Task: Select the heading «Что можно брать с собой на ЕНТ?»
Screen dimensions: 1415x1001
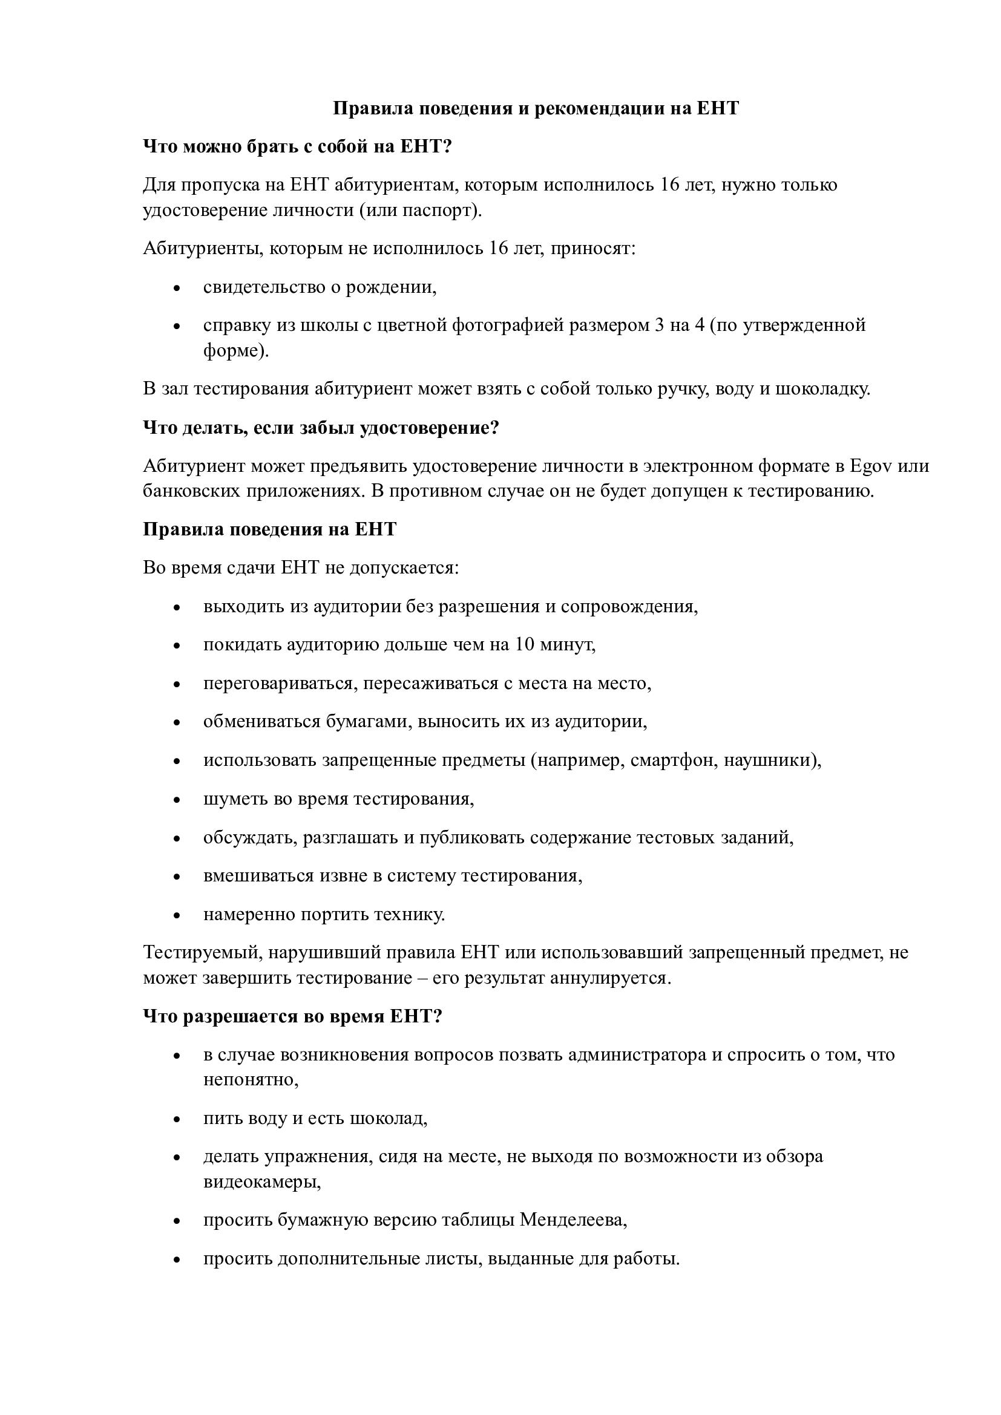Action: [x=298, y=146]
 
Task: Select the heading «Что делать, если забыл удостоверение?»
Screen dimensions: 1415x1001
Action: [x=321, y=427]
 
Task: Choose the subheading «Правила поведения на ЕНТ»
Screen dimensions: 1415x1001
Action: [x=269, y=529]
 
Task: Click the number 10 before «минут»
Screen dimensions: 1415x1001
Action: [x=525, y=645]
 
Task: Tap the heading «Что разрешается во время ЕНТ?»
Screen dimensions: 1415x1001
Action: [x=293, y=1016]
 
